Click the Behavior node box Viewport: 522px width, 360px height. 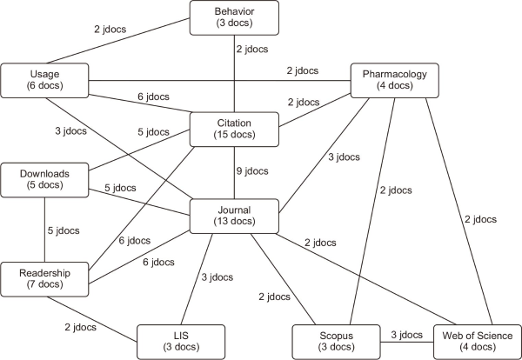234,17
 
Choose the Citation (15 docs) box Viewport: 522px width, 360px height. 234,129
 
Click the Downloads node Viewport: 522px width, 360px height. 44,179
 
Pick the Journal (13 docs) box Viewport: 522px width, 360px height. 234,215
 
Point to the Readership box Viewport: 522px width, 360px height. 44,278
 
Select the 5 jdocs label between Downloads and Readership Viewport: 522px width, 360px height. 62,230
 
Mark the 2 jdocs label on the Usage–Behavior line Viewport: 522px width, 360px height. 110,29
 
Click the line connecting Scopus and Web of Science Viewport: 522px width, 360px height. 405,341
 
